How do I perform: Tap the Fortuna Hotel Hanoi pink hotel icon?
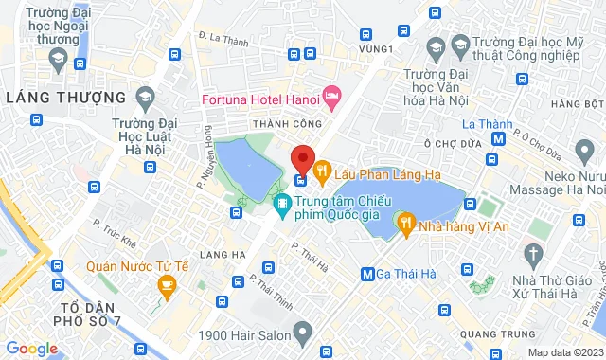click(x=330, y=96)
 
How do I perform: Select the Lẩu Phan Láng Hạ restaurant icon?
click(x=322, y=171)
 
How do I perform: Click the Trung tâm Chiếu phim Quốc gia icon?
click(x=282, y=203)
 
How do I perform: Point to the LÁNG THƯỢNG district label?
click(x=65, y=98)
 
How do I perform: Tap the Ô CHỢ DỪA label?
click(x=454, y=141)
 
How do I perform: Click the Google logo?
click(x=30, y=349)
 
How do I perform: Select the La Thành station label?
click(x=487, y=124)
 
